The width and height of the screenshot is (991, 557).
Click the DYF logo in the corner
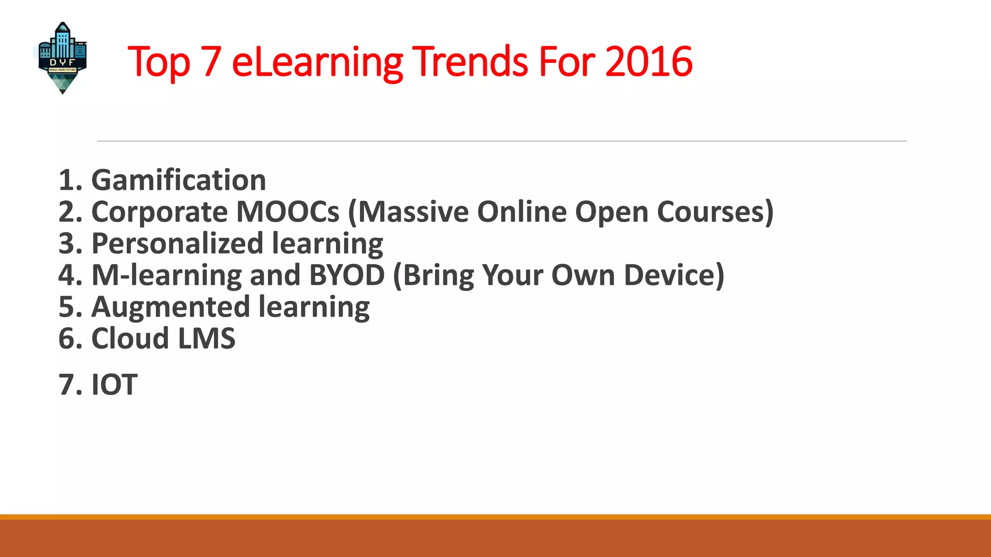(62, 58)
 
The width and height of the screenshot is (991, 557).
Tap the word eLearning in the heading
(317, 61)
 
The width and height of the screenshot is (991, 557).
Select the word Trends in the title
(471, 61)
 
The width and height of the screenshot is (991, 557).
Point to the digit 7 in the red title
(211, 61)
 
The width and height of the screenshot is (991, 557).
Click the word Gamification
(179, 180)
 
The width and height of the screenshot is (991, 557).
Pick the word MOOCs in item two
(288, 212)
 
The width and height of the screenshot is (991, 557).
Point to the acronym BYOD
(346, 275)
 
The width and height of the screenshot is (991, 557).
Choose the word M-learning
(166, 275)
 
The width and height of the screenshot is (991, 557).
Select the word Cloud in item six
(130, 338)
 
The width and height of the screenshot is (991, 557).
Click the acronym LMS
(207, 338)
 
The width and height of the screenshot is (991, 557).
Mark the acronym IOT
(114, 385)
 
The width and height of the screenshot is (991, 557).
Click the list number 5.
(66, 307)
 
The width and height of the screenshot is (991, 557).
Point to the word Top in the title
(159, 61)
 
